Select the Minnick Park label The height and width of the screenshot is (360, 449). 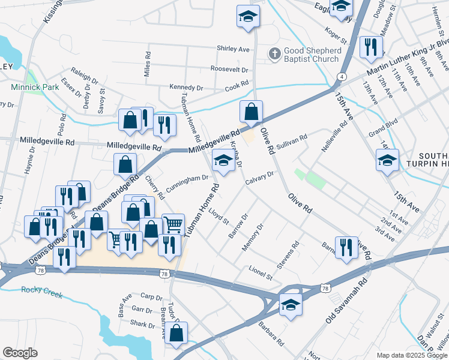click(35, 87)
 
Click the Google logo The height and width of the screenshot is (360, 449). click(20, 353)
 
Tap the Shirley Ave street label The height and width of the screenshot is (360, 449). click(234, 49)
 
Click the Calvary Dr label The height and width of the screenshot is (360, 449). click(262, 175)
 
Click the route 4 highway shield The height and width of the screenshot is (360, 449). click(341, 77)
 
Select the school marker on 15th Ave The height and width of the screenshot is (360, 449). click(387, 160)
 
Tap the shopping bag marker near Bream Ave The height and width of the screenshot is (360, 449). click(176, 333)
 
